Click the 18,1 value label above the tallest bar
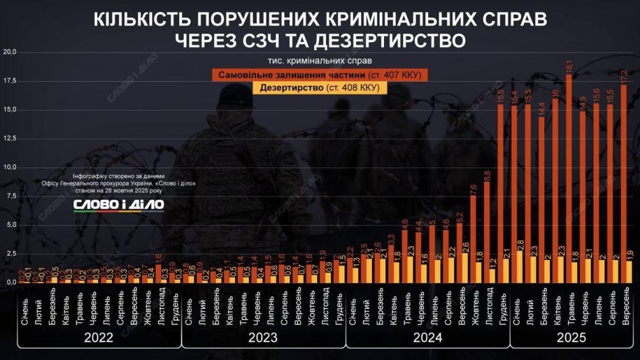click(569, 65)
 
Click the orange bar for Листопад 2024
click(487, 223)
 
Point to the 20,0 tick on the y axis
click(10, 52)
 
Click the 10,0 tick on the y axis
click(10, 167)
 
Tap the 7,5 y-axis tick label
click(11, 196)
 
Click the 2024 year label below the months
click(427, 338)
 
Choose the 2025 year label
click(572, 338)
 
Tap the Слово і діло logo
click(118, 204)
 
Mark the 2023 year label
click(263, 338)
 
